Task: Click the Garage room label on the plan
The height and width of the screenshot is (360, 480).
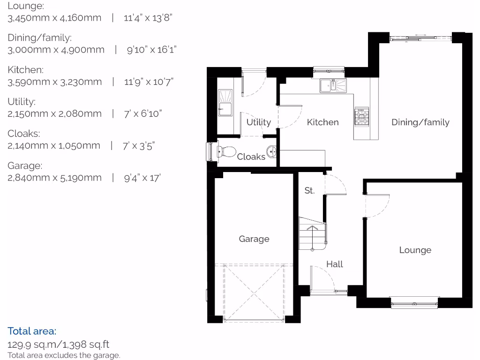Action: point(254,239)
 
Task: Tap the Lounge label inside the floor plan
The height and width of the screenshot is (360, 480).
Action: point(415,250)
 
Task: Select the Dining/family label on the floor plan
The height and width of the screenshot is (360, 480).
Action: point(420,122)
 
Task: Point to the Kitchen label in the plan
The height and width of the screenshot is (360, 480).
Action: point(322,122)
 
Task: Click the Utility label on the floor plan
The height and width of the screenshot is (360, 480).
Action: point(259,122)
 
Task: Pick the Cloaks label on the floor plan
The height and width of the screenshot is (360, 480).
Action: point(251,157)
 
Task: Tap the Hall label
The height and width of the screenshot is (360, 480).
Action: point(335,264)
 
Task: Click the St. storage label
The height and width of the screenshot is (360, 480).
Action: point(309,191)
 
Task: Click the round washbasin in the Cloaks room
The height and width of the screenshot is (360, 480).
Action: point(272,151)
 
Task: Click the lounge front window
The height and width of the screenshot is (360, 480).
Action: point(415,303)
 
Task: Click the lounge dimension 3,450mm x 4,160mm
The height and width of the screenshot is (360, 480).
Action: point(54,18)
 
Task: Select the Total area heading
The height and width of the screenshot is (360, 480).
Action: point(32,331)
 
